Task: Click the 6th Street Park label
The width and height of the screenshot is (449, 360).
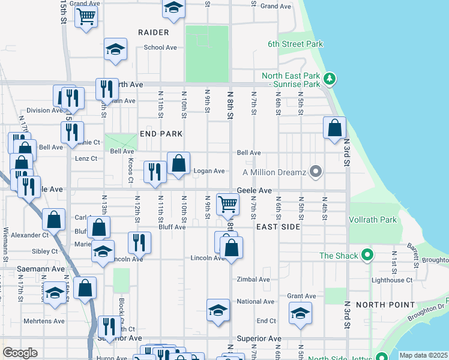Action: click(x=295, y=44)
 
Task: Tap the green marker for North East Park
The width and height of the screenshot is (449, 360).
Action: click(x=329, y=79)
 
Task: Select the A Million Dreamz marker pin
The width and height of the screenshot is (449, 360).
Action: click(x=316, y=172)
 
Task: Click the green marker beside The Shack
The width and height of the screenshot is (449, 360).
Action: click(x=368, y=256)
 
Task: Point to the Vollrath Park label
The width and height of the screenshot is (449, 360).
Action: click(x=373, y=220)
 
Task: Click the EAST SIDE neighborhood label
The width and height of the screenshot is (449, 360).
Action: click(x=277, y=227)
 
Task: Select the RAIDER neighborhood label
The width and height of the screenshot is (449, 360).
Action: click(x=153, y=32)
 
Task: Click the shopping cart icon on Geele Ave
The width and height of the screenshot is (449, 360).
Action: click(x=228, y=205)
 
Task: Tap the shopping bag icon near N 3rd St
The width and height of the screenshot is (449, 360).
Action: click(x=334, y=127)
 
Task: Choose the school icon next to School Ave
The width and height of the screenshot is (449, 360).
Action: click(x=115, y=49)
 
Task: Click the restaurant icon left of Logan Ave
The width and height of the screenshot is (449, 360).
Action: click(x=155, y=172)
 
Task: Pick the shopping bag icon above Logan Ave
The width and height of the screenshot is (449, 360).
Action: click(x=178, y=163)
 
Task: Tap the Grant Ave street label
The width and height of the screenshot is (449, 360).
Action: click(x=301, y=296)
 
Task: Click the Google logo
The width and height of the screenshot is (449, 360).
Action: click(x=20, y=353)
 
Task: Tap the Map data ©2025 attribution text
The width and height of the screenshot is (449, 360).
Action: click(x=423, y=355)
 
